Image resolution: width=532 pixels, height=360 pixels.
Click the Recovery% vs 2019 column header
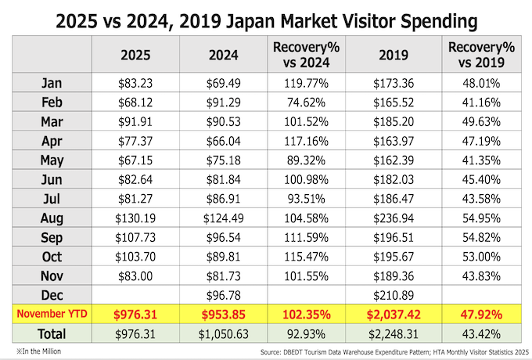tap(475, 55)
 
